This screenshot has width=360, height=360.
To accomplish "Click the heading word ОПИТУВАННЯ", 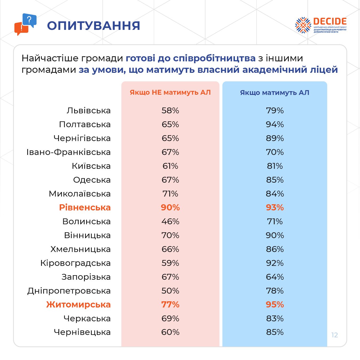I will point(93,26).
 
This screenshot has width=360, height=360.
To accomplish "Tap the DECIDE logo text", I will point(330,22).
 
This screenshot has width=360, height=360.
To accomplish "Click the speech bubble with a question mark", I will point(29,20).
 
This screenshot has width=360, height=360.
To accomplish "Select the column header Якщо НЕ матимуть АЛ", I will point(170,93).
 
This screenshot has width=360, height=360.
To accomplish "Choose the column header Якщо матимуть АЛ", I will point(275,93).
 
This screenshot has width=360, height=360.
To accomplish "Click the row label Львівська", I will point(89,111).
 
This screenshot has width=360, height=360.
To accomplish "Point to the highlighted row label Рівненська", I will point(85,207).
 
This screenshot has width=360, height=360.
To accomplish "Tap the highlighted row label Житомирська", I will point(78,305).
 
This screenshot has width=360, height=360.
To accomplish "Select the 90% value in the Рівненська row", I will point(170,207).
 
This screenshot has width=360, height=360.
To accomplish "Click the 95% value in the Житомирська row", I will point(275,305).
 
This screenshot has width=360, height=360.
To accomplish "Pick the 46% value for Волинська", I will point(170,221).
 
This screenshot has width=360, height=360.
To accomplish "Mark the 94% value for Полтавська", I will point(275,125).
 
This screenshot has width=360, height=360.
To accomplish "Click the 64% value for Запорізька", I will point(275,277).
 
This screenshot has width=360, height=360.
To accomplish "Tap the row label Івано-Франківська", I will point(69,152).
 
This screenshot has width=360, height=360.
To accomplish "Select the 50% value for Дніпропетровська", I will point(170,291).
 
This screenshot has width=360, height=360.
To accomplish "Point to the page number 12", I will point(334,335).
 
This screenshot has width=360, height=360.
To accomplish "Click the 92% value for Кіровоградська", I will point(275,263).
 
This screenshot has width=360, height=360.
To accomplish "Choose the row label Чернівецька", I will point(82,332).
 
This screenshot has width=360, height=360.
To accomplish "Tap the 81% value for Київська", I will point(275,166).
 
